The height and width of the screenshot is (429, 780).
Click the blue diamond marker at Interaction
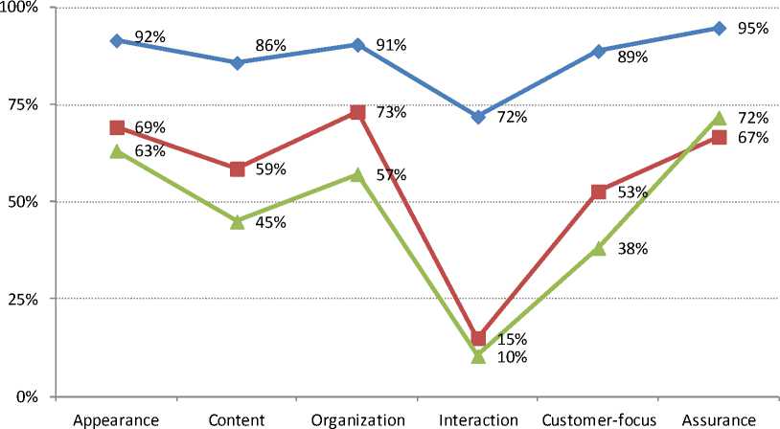pyautogui.click(x=478, y=117)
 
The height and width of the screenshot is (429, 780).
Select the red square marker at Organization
pyautogui.click(x=357, y=112)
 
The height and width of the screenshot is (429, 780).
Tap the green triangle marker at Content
pyautogui.click(x=237, y=221)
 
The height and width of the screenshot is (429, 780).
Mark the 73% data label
pyautogui.click(x=392, y=112)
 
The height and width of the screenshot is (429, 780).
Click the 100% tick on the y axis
pyautogui.click(x=20, y=9)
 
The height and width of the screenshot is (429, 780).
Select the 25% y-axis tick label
pyautogui.click(x=24, y=300)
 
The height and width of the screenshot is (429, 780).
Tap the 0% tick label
pyautogui.click(x=29, y=396)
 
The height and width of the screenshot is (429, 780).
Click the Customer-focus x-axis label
pyautogui.click(x=599, y=418)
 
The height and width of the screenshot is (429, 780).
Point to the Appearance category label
pyautogui.click(x=117, y=418)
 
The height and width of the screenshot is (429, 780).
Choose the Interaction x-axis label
pyautogui.click(x=478, y=418)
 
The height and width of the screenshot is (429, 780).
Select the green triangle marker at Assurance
pyautogui.click(x=719, y=119)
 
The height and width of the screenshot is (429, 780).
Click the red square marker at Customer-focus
pyautogui.click(x=599, y=192)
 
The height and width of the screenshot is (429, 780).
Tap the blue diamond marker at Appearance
pyautogui.click(x=117, y=41)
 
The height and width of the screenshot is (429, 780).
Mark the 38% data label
pyautogui.click(x=633, y=249)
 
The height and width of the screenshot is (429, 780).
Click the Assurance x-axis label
pyautogui.click(x=719, y=418)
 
